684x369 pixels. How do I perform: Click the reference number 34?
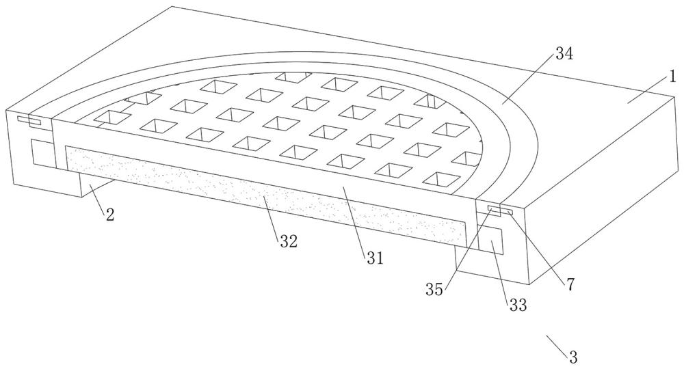coord(564,54)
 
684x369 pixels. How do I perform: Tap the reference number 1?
coord(672,77)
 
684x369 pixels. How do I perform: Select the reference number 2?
coord(110,214)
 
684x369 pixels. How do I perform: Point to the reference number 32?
coord(289,241)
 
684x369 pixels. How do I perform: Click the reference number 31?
coord(374,258)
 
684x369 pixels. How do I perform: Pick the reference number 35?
coord(434,289)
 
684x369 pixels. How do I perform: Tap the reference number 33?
coord(518,305)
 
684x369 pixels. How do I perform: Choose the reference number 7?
coord(570,284)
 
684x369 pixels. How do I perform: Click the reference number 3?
coord(573,357)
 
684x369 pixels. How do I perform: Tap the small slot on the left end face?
coord(29,120)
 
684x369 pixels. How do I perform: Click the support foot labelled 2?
coord(97,185)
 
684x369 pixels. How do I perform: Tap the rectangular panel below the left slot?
coord(42,153)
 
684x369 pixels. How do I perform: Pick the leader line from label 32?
coord(273,215)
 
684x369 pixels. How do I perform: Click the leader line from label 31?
coord(356,220)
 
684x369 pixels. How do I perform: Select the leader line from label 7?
coord(538,245)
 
